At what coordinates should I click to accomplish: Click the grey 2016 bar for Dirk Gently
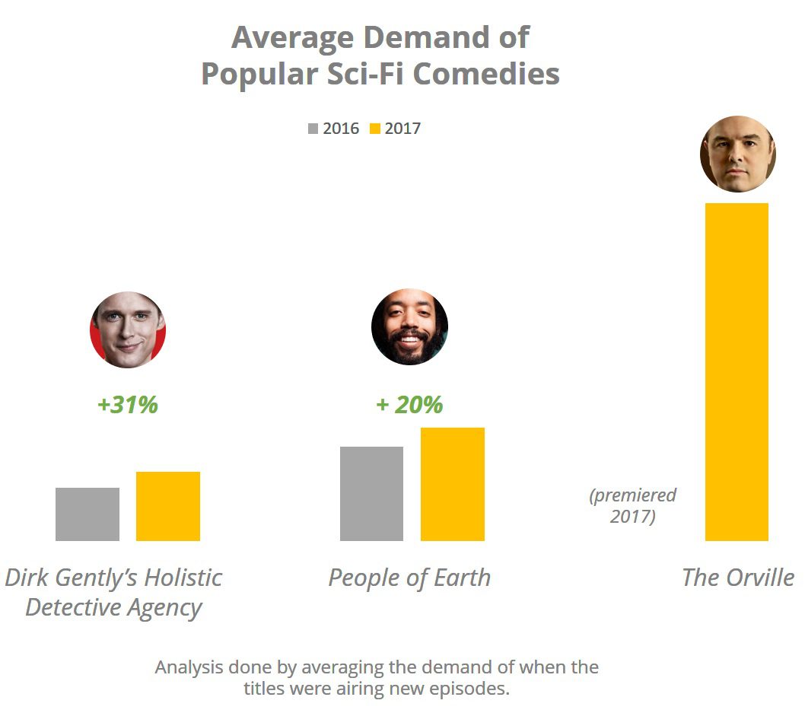(x=87, y=514)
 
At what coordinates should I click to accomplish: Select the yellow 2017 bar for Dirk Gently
(x=168, y=506)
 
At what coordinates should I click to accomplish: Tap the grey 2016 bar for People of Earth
(x=371, y=494)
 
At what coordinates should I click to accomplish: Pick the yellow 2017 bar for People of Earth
(x=453, y=484)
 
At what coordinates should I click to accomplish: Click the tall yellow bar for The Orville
(x=737, y=372)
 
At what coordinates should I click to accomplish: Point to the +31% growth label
(x=128, y=405)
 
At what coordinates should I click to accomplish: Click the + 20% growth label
(x=409, y=405)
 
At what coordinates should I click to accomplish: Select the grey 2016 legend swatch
(x=313, y=129)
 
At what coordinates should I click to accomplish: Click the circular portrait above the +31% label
(x=128, y=330)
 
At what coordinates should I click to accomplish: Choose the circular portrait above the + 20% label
(x=409, y=327)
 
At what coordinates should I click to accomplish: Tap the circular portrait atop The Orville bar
(x=737, y=154)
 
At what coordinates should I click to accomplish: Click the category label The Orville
(x=737, y=578)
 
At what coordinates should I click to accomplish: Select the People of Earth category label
(x=409, y=578)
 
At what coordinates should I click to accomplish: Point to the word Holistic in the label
(x=180, y=578)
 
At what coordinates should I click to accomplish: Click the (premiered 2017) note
(x=632, y=506)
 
